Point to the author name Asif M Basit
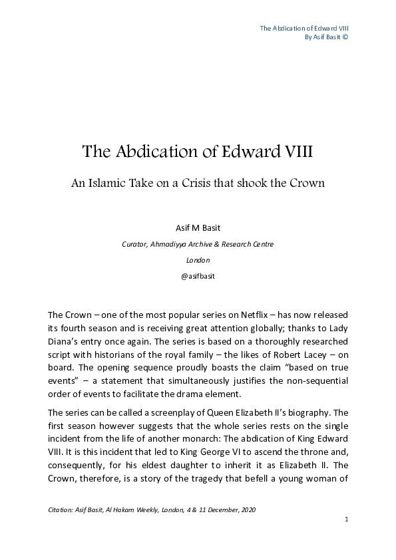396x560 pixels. point(198,227)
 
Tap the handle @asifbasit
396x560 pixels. point(198,276)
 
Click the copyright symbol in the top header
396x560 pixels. point(345,37)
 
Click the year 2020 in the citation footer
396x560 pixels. point(246,509)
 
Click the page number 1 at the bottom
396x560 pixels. point(347,519)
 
